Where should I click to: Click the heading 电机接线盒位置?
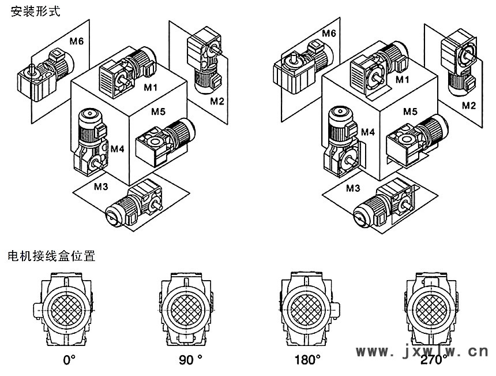tap(51, 256)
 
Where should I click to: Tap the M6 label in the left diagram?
tap(77, 40)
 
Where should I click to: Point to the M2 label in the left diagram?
tap(217, 101)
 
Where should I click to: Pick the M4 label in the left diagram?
tap(118, 149)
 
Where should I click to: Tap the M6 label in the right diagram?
tap(328, 32)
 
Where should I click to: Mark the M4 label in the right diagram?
tap(368, 132)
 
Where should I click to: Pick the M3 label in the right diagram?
tap(353, 188)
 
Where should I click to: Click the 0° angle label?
tap(70, 360)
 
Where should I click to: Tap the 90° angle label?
tap(191, 360)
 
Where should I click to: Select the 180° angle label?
tap(307, 360)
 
